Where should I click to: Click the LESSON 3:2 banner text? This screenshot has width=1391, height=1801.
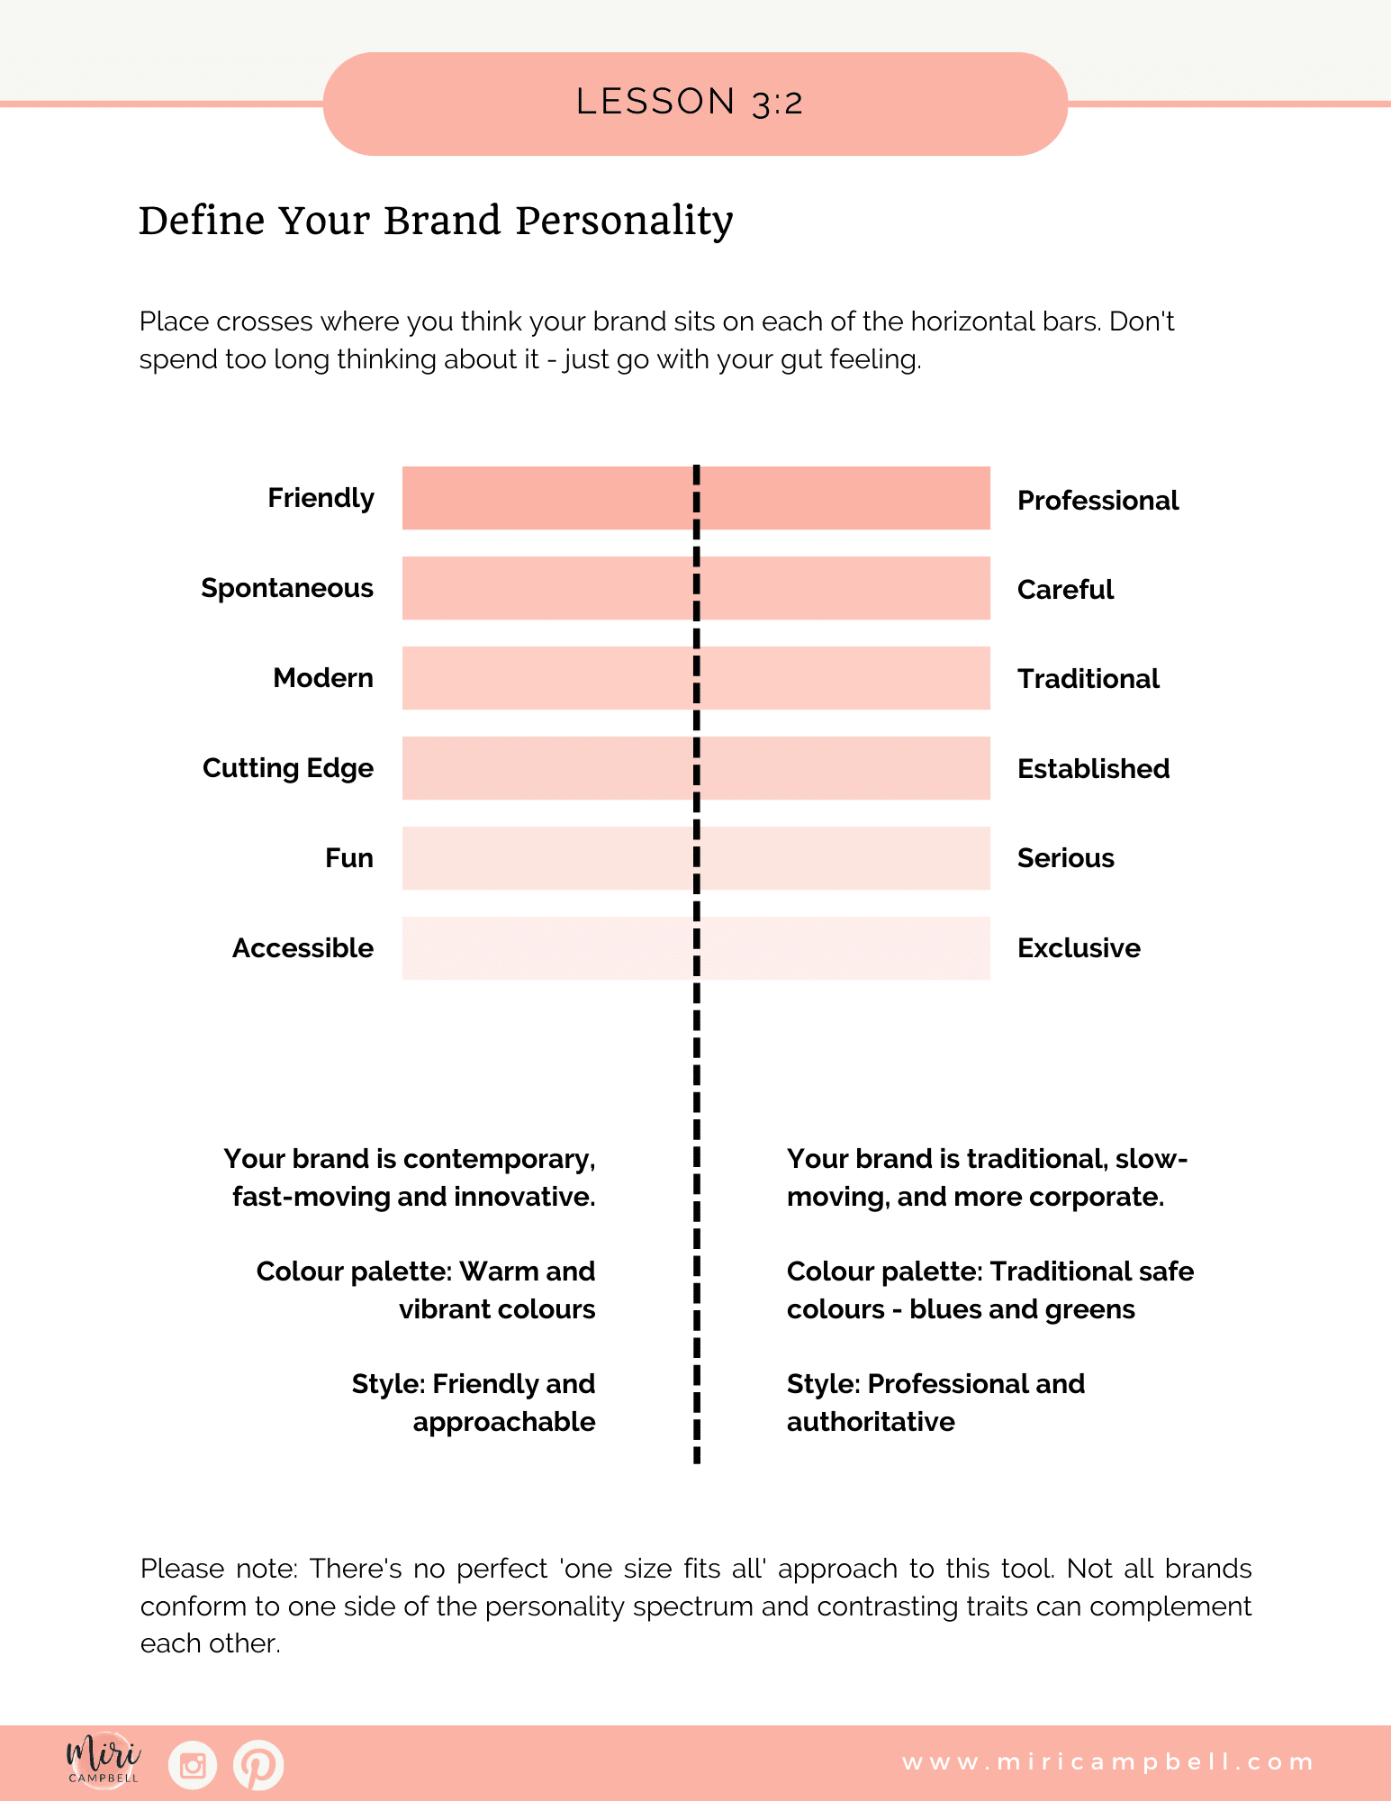(690, 103)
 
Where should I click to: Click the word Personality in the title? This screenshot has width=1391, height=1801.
(624, 222)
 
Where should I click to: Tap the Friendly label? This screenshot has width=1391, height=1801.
(321, 498)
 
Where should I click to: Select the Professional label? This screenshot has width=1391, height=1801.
(1097, 501)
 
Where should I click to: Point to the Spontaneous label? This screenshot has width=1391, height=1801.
(287, 588)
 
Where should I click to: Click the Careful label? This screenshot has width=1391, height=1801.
(1065, 590)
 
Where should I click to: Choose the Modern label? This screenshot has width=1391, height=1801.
(323, 678)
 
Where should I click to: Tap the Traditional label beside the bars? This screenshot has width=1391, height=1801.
(1088, 679)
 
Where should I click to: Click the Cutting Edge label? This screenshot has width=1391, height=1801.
(288, 768)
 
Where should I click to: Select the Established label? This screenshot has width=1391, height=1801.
(1093, 769)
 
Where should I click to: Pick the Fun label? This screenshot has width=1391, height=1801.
(349, 858)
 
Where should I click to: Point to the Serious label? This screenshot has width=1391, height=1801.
(1065, 858)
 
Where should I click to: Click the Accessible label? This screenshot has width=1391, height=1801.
(303, 948)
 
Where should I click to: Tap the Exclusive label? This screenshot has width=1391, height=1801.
(1079, 948)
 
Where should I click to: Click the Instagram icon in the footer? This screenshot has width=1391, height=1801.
(193, 1765)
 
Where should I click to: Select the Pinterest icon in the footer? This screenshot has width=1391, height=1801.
(258, 1765)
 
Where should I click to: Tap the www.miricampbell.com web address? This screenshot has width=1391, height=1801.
(1107, 1762)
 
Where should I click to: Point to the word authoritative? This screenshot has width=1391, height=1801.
(871, 1422)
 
